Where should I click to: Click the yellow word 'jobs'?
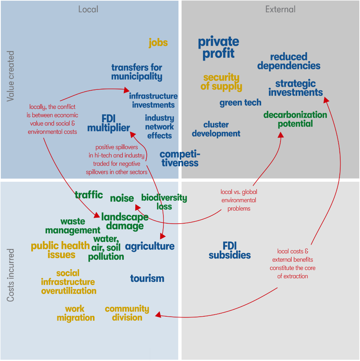[x=158, y=43]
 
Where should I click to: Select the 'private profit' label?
[x=218, y=47]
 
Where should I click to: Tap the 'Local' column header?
[x=88, y=9]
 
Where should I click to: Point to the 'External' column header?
[x=280, y=9]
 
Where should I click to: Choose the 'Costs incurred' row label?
[x=11, y=275]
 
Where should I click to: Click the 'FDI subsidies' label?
[x=230, y=251]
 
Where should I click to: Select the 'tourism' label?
[x=147, y=278]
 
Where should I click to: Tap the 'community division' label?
[x=127, y=313]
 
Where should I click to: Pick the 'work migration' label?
[x=75, y=313]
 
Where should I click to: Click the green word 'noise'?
[x=122, y=198]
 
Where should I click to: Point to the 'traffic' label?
[x=89, y=195]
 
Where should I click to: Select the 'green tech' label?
[x=241, y=103]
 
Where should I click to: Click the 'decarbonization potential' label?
[x=295, y=119]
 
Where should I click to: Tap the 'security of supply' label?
[x=221, y=82]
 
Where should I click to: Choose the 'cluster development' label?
[x=216, y=129]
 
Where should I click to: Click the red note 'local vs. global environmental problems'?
[x=239, y=200]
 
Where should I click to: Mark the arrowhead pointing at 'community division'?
[x=157, y=315]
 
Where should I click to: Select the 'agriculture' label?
[x=150, y=246]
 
